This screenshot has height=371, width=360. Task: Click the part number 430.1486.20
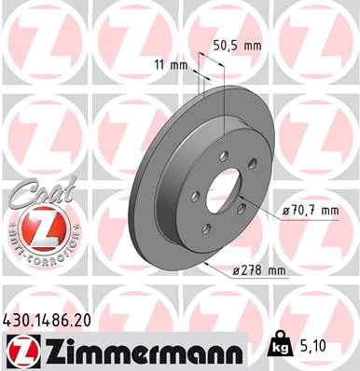coord(55,319)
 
